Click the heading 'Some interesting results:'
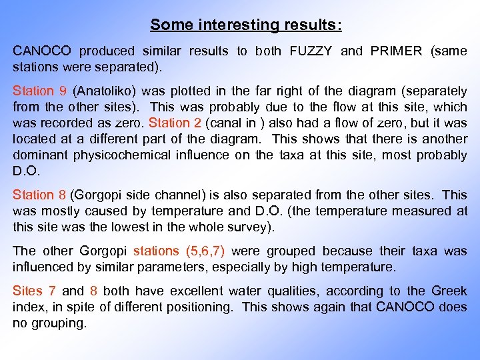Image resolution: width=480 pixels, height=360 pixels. [245, 25]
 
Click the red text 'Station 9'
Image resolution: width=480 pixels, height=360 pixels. [40, 91]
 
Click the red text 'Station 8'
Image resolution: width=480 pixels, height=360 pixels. [39, 195]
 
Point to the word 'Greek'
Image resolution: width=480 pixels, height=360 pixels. [449, 291]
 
